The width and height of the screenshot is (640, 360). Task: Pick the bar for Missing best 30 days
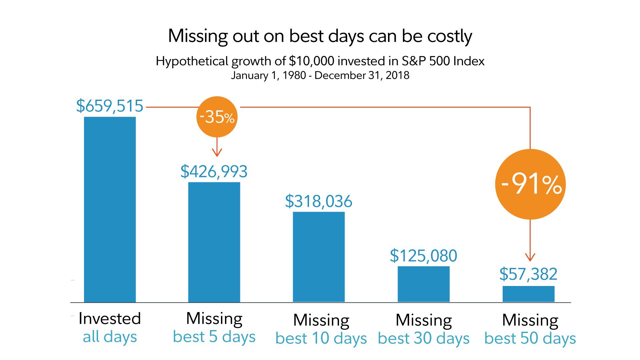point(423,284)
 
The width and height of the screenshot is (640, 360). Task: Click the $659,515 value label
point(110,106)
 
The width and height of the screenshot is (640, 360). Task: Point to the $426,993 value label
point(214,172)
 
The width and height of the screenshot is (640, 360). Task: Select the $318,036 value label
point(319,201)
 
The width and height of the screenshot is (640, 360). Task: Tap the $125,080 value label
point(423,256)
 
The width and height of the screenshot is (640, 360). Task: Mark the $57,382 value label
point(528,274)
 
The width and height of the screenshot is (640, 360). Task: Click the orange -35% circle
point(217,117)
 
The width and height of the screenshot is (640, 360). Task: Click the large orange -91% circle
point(530,184)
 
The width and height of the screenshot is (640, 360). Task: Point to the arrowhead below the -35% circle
point(217,153)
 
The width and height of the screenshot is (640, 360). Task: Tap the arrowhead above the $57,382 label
point(530,258)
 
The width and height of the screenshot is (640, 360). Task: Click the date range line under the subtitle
point(320,75)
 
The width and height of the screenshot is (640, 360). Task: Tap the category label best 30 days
point(423,338)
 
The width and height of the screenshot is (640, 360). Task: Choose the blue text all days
point(110,337)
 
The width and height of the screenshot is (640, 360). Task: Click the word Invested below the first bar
point(110,319)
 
